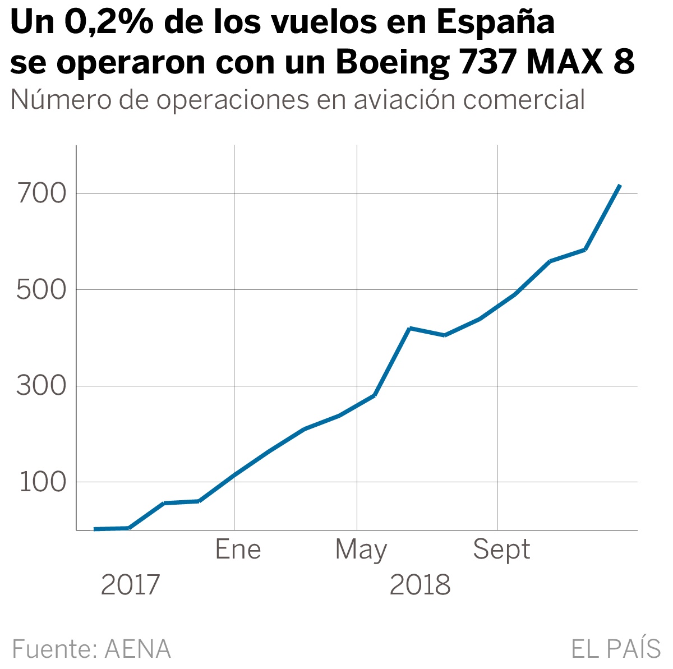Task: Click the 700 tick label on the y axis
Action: point(42,194)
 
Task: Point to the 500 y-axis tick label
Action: point(42,290)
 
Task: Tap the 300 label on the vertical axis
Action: point(42,386)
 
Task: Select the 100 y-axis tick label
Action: point(43,483)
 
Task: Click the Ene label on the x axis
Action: point(238,550)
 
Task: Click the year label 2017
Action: point(130,585)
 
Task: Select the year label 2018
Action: point(420,585)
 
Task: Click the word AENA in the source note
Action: point(138,649)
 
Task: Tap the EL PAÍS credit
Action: point(616,648)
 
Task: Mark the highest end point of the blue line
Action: point(619,186)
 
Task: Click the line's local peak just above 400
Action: point(410,328)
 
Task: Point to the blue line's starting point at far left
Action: point(95,529)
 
